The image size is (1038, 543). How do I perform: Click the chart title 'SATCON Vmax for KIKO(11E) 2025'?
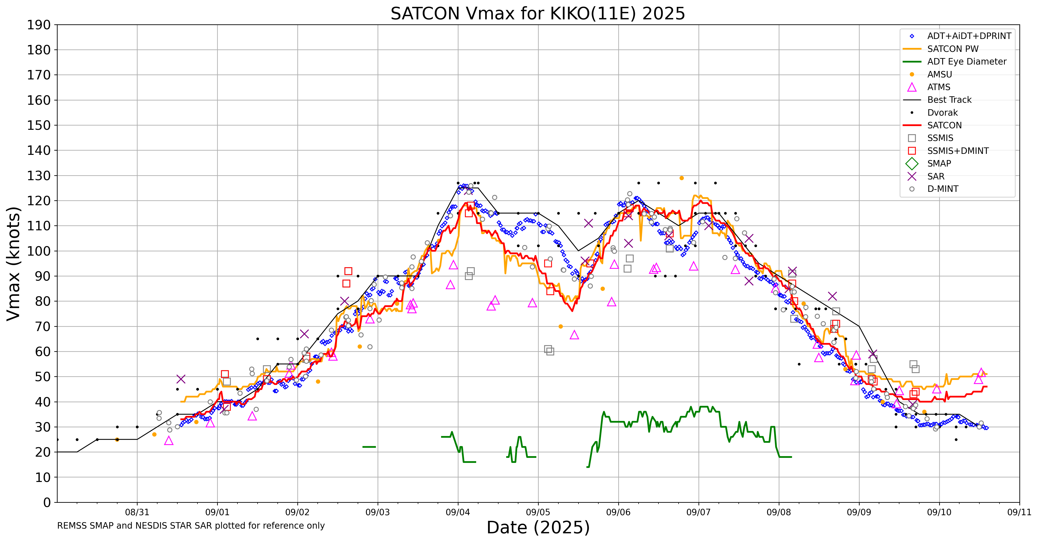coord(538,14)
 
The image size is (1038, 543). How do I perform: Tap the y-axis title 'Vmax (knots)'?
coord(14,263)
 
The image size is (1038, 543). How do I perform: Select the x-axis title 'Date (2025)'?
coord(538,527)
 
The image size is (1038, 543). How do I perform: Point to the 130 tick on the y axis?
coord(39,175)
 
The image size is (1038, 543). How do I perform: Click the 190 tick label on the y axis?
coord(39,25)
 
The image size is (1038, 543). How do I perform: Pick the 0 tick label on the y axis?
coord(47,502)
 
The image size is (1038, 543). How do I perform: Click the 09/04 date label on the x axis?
coord(458,512)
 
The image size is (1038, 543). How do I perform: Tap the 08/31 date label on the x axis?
coord(137,512)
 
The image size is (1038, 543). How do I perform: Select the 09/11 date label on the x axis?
coord(1019,512)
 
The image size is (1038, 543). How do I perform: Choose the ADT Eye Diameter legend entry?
coord(966,62)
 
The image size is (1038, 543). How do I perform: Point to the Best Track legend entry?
coord(949,100)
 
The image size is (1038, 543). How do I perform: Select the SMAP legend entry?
coord(939,164)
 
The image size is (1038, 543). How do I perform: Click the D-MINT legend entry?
coord(943,189)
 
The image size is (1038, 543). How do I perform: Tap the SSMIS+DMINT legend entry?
coord(958,151)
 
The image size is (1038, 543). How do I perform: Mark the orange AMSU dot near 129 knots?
coord(681,178)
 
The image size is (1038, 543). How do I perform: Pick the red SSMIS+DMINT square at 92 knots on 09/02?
coord(348,271)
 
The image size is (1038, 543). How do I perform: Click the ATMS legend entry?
coord(938,87)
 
